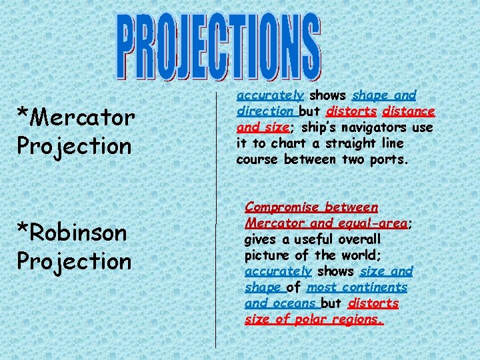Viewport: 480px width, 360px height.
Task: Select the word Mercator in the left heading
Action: [x=83, y=119]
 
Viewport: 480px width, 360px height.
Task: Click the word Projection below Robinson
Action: [x=75, y=261]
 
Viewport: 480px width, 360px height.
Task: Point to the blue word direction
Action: [x=265, y=111]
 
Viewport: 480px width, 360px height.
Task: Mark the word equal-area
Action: [x=374, y=224]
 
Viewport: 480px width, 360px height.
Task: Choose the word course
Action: [x=257, y=159]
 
